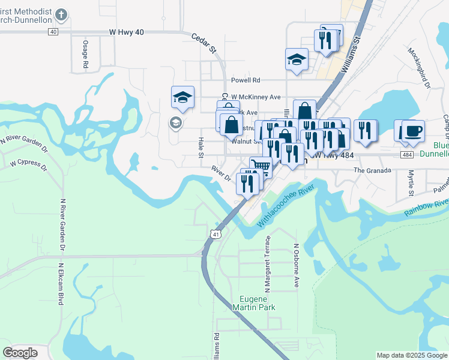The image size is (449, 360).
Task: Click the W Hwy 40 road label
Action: [x=127, y=32]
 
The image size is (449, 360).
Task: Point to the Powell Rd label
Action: [x=246, y=80]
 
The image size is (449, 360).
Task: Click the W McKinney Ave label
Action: [x=256, y=97]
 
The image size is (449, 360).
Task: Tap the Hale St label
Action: [x=201, y=148]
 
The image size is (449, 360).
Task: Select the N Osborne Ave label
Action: [x=296, y=265]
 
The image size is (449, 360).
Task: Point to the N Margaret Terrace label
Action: [x=268, y=264]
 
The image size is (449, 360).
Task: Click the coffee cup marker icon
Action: [x=413, y=131]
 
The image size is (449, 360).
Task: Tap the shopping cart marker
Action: [x=260, y=166]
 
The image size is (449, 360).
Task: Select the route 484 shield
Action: [x=407, y=155]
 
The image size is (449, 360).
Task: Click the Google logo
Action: [x=20, y=353]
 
